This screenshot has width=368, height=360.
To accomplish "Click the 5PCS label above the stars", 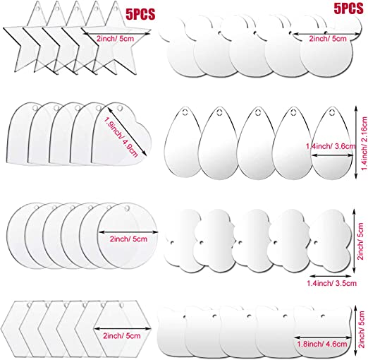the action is pyautogui.click(x=140, y=14).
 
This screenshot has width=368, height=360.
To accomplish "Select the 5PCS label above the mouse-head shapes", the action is pyautogui.click(x=348, y=8).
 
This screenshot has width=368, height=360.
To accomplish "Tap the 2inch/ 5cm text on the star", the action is pyautogui.click(x=115, y=39).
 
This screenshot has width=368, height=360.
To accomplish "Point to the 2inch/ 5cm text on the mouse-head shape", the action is pyautogui.click(x=328, y=39).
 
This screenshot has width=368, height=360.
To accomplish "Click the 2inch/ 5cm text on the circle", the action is pyautogui.click(x=128, y=239).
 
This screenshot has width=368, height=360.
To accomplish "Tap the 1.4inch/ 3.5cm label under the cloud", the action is pyautogui.click(x=331, y=283).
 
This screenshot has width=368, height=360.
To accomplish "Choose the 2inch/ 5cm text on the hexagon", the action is pyautogui.click(x=122, y=336).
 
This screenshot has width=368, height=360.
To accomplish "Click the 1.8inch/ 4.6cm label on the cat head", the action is pyautogui.click(x=322, y=344).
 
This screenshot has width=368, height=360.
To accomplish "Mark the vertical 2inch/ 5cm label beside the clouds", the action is pyautogui.click(x=361, y=241).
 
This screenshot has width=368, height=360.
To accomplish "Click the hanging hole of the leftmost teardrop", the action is pyautogui.click(x=184, y=112).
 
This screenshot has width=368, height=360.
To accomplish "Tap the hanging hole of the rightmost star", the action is pyautogui.click(x=116, y=8).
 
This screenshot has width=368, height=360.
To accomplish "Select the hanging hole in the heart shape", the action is pyautogui.click(x=120, y=109).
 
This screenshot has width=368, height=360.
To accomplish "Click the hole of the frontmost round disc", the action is pyautogui.click(x=127, y=208).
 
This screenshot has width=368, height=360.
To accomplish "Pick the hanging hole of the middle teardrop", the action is pyautogui.click(x=258, y=112).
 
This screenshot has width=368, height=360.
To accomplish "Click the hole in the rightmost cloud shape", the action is pyautogui.click(x=316, y=242).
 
